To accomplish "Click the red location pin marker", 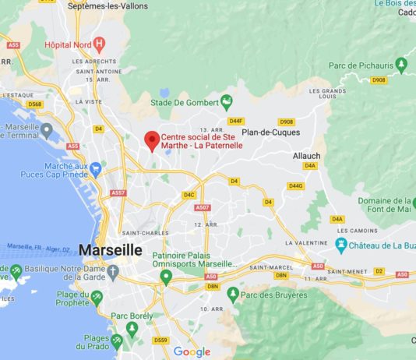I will coord(152,141).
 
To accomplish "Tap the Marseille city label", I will coord(111,250).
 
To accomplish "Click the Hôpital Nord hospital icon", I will coord(98,44).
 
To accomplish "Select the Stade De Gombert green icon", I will coord(227,101).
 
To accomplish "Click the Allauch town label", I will coord(306,156).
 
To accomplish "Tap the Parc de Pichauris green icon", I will coord(402,65).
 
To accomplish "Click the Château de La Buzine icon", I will coord(340,245).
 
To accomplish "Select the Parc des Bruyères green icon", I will coord(232,295).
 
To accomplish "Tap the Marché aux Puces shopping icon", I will coord(96,168).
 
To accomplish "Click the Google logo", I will coord(192,351).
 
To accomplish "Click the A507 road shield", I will coord(203,207).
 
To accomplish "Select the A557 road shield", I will coord(118,192).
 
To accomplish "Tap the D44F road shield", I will coord(237,121).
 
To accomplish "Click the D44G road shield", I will coord(295,185).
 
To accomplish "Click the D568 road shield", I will coord(35,104).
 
